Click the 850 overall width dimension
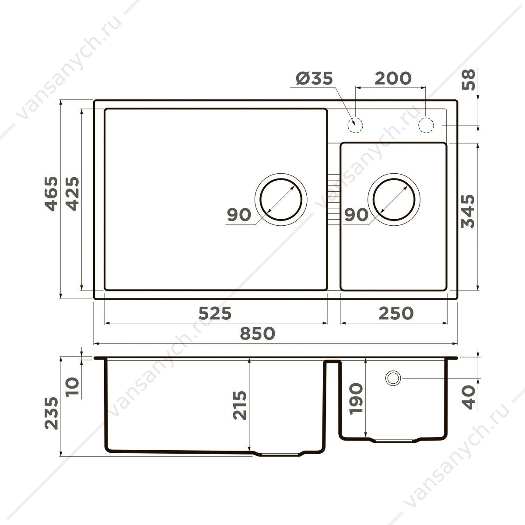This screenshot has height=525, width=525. point(257,333)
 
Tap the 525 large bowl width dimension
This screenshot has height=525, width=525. point(215,313)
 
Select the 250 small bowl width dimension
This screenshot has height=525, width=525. point(396,313)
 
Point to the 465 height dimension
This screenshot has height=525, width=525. point(52,194)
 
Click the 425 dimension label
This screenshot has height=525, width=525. point(73,194)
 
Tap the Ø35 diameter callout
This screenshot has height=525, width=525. point(315,78)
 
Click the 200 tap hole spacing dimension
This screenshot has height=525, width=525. point(393,78)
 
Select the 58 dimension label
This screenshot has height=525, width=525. point(469,80)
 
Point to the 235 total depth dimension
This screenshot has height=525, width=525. point(52,413)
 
